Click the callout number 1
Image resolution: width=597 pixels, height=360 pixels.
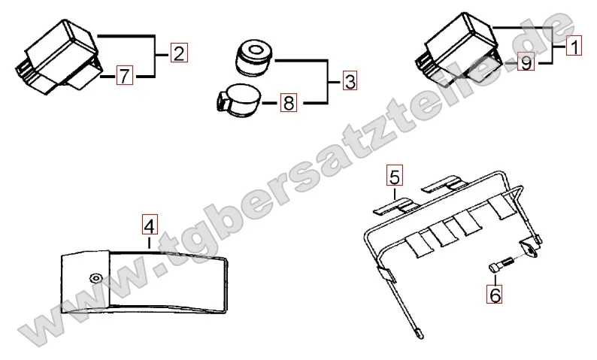tap(574, 46)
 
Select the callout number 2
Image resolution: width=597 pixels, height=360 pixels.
tap(179, 53)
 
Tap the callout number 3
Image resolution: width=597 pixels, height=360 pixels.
tap(350, 80)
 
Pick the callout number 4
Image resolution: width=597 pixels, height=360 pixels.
tap(150, 225)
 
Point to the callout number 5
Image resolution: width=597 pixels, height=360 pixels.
tap(395, 175)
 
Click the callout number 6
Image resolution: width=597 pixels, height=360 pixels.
tap(494, 294)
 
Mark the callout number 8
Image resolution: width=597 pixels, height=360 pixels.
tap(288, 102)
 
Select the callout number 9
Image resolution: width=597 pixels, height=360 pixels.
tap(526, 62)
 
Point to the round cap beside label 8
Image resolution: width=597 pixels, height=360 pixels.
tap(238, 101)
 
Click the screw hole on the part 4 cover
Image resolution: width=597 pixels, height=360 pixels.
tap(95, 277)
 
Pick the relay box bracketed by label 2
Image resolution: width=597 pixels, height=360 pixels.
tap(59, 56)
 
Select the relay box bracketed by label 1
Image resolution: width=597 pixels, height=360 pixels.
tap(458, 47)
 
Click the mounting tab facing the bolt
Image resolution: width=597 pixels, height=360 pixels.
tap(530, 249)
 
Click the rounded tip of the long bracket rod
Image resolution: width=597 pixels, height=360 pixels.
tap(420, 335)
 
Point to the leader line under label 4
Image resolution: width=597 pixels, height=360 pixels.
tap(149, 243)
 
